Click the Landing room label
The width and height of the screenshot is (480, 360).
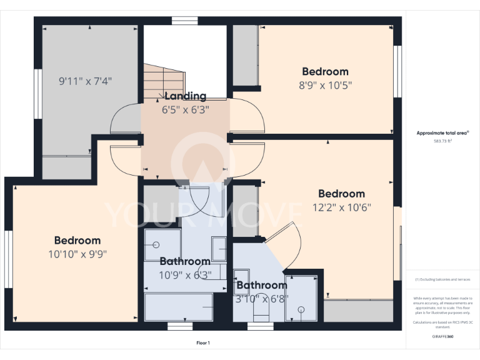point(185,96)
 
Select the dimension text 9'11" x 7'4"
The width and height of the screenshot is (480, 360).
point(86,81)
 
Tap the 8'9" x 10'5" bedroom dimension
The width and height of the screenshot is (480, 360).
point(325,86)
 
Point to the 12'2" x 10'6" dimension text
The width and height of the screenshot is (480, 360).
point(341,207)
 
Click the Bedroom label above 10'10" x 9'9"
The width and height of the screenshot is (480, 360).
point(77,241)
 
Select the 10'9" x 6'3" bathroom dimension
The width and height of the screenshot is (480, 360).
point(185,274)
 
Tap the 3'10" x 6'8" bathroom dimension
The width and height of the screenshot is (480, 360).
point(262,298)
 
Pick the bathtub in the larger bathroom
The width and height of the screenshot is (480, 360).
point(179,307)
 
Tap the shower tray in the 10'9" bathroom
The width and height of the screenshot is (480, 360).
point(162,244)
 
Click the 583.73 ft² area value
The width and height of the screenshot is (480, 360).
point(442,141)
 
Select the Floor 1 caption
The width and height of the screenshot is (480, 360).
point(203,342)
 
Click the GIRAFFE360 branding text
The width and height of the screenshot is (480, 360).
point(442,336)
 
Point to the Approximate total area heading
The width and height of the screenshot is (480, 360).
point(442,133)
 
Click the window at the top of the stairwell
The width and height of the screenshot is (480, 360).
point(184,21)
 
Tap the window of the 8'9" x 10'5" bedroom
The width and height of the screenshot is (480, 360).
point(396,71)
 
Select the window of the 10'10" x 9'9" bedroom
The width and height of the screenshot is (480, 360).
point(9,251)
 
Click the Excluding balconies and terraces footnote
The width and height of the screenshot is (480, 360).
point(442,279)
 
